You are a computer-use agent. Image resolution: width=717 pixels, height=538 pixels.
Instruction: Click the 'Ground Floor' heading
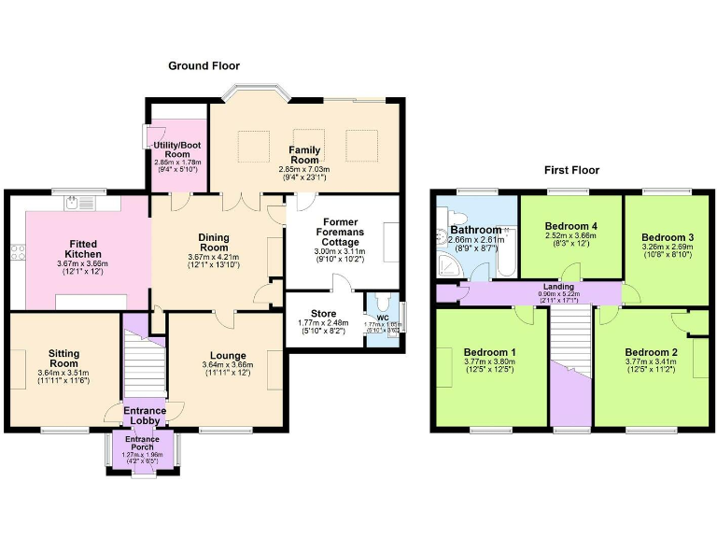(204, 66)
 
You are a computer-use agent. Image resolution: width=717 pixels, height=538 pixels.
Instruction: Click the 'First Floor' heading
(571, 171)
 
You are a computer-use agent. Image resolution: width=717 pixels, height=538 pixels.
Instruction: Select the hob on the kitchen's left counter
(16, 249)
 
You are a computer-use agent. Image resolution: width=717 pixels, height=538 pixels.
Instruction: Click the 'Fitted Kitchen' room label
(82, 249)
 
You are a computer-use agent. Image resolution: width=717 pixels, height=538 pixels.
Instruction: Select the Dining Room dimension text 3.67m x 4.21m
(213, 257)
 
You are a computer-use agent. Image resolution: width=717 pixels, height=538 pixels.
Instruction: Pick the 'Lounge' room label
(228, 356)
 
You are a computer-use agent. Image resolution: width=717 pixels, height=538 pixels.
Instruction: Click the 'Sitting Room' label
(65, 359)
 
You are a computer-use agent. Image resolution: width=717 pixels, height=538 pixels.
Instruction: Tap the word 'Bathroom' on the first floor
(476, 230)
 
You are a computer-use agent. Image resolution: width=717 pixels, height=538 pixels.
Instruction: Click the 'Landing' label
(559, 287)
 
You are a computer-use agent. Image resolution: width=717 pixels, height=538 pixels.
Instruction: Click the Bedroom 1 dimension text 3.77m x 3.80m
(490, 364)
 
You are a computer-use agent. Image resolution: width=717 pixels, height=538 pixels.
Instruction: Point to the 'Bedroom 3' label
(667, 237)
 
